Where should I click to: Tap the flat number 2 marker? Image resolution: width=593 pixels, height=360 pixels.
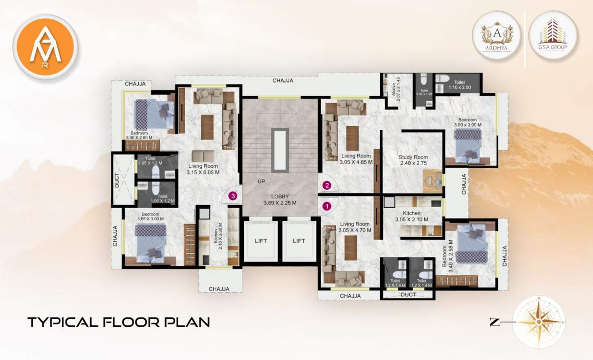327,185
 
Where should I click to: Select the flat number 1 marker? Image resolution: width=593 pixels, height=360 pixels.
327,205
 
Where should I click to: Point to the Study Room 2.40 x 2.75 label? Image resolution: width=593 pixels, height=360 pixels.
413,160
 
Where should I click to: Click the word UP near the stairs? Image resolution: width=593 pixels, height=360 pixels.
261,181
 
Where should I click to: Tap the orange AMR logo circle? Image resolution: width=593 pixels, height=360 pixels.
45,46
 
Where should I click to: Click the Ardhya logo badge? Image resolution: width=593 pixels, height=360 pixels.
497,35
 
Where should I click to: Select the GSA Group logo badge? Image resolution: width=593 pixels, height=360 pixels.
553,35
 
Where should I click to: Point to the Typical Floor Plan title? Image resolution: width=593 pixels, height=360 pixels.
118,322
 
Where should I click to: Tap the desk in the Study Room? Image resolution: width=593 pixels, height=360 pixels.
433,181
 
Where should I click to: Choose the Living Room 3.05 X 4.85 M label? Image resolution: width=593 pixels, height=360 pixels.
356,159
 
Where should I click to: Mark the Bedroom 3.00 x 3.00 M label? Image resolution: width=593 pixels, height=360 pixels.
467,122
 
